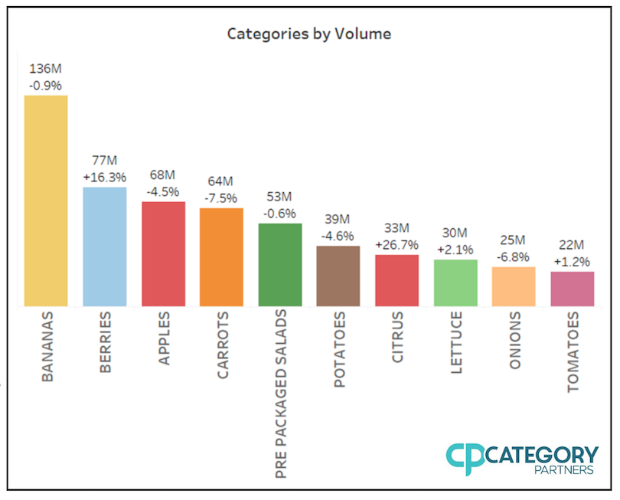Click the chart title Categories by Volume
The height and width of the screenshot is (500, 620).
coord(309,34)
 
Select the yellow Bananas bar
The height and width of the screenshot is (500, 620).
coord(46,201)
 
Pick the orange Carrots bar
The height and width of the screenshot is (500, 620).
coord(221,257)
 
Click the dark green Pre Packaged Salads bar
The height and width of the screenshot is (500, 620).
coord(280,265)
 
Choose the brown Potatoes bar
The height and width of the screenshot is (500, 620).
coord(338,276)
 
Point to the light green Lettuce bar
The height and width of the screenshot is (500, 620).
coord(455,283)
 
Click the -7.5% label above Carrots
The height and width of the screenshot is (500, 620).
coord(221,198)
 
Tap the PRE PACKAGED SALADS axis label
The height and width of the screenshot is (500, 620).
coord(280,394)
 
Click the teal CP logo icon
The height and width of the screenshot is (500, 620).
coord(465,459)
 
